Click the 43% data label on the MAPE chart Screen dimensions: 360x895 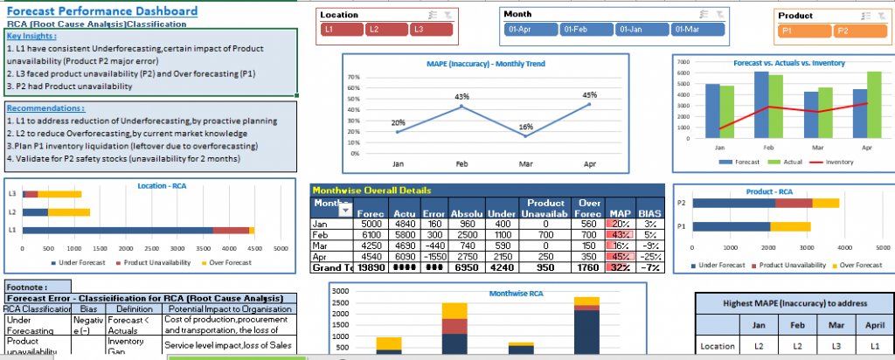(461, 96)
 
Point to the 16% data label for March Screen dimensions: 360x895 (525, 127)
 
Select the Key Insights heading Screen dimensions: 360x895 (35, 36)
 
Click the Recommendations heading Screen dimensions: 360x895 (45, 107)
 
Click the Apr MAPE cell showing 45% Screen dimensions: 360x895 (620, 257)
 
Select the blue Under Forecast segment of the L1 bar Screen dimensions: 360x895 (118, 230)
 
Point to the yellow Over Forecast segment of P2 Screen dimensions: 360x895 (825, 204)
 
